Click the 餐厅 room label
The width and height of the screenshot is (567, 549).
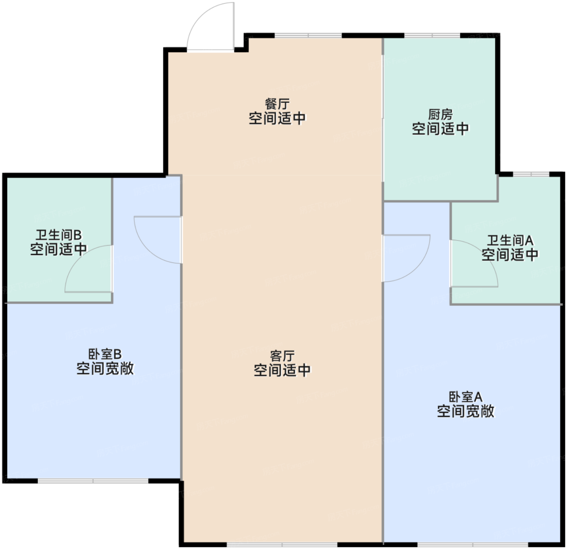tap(277, 104)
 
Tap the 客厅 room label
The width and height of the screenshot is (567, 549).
tap(282, 356)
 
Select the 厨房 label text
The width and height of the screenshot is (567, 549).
tap(440, 115)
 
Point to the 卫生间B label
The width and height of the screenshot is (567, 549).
tap(59, 235)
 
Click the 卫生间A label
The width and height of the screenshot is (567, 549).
tap(510, 240)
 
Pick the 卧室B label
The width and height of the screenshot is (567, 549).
tap(105, 354)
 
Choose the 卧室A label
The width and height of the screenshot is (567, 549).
tap(465, 397)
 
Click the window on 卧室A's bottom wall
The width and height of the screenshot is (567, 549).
tap(473, 544)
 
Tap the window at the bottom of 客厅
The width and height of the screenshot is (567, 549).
tap(282, 544)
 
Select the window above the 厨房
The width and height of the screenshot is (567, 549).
tap(432, 36)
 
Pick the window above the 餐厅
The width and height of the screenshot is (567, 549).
tap(308, 36)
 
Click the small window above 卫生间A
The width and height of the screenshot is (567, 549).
tap(531, 174)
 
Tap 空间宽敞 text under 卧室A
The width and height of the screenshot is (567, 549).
tap(466, 411)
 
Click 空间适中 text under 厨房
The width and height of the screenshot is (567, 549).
tap(440, 129)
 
